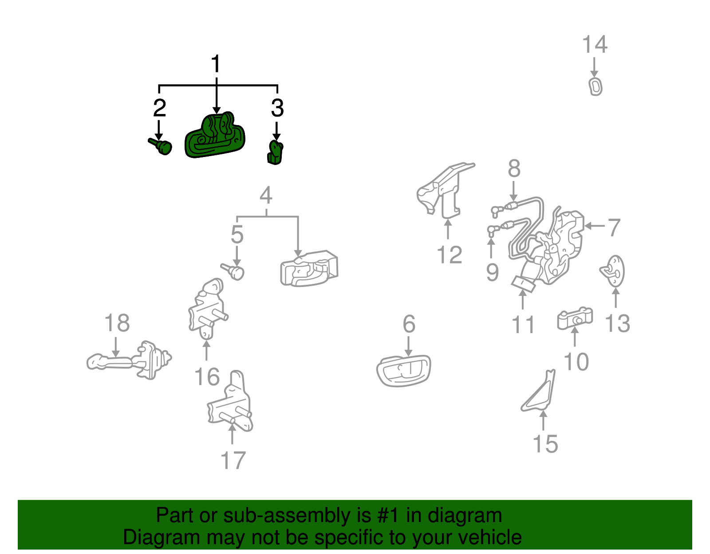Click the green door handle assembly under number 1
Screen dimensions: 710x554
click(215, 136)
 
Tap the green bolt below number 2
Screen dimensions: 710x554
click(161, 146)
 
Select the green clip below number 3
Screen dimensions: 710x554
click(276, 153)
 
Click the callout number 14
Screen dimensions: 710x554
click(595, 44)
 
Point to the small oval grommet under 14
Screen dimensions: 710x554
click(596, 87)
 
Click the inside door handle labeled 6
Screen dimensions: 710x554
click(403, 371)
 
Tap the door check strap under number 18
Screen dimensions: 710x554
click(129, 361)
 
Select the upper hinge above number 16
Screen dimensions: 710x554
click(208, 309)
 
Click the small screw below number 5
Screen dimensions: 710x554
click(233, 271)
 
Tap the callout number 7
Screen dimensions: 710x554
click(614, 228)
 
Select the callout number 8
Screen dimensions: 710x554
click(514, 169)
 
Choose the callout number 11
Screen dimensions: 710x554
click(523, 325)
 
